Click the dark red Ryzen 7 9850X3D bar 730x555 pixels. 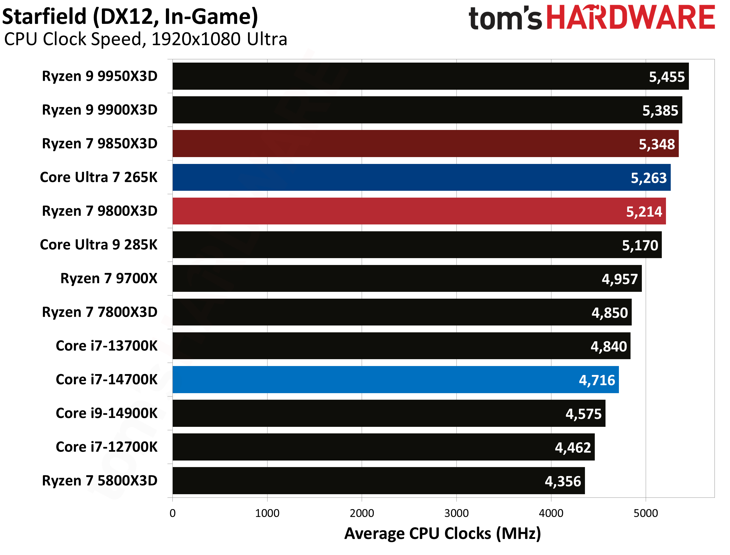click(x=425, y=143)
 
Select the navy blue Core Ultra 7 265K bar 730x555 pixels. click(x=421, y=177)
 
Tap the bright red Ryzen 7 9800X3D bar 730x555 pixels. click(x=419, y=211)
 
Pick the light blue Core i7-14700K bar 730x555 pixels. click(x=395, y=379)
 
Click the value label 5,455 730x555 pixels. click(x=666, y=77)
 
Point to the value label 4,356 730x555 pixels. click(x=562, y=481)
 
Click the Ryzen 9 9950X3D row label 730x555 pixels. click(x=100, y=76)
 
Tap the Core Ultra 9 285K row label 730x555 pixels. click(x=99, y=244)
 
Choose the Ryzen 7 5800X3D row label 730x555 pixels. click(x=100, y=480)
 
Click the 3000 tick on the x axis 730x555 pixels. click(x=456, y=513)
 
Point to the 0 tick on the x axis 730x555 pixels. click(x=173, y=513)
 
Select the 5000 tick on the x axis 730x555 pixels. click(x=645, y=513)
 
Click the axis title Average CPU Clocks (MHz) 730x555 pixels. click(x=442, y=534)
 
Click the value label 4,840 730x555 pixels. click(x=608, y=346)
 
